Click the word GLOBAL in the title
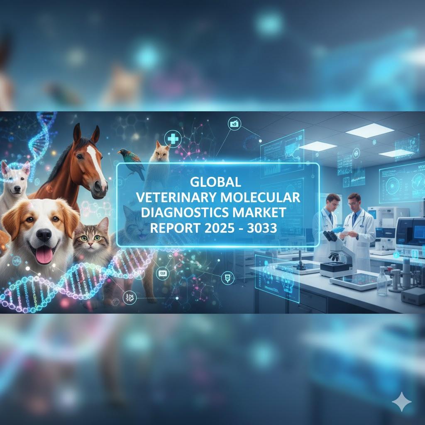(215, 182)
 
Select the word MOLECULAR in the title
(260, 197)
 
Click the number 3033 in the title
(262, 228)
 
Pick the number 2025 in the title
(219, 228)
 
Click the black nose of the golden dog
(44, 234)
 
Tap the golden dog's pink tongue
(44, 256)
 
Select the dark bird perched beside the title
(132, 163)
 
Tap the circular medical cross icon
(173, 139)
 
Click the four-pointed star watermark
(402, 402)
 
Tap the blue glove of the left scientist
(338, 230)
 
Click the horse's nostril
(97, 186)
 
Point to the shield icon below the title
(228, 278)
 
